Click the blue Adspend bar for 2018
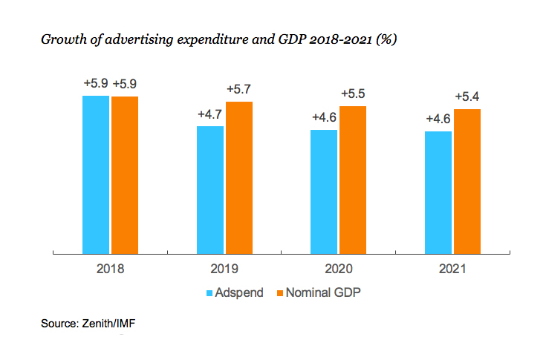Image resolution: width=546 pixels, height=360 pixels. click(96, 174)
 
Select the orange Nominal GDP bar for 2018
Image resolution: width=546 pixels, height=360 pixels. click(125, 175)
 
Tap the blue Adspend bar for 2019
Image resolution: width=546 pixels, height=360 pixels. click(210, 190)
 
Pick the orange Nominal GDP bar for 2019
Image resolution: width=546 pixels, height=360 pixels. click(239, 177)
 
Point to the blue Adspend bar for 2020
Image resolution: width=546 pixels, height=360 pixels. click(324, 192)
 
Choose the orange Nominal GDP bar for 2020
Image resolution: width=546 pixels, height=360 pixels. click(353, 180)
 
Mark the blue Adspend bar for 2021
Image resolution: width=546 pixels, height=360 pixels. click(438, 192)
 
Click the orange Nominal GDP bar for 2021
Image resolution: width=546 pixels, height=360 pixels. click(467, 181)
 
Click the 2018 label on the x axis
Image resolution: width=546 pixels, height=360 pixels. click(110, 269)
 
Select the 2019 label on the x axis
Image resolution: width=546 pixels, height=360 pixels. click(224, 269)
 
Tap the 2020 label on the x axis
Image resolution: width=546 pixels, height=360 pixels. click(338, 269)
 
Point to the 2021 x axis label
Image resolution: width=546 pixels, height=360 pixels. click(452, 269)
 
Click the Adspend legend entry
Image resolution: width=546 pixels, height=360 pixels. click(235, 292)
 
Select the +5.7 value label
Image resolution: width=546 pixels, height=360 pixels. click(239, 89)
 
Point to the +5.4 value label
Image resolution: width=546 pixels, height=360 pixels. click(467, 97)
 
